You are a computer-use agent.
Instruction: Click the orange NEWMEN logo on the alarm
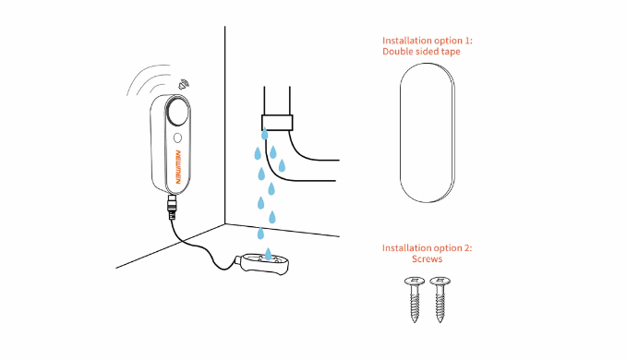pyautogui.click(x=178, y=167)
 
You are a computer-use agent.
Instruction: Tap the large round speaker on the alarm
pyautogui.click(x=177, y=111)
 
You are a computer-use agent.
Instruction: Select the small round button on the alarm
pyautogui.click(x=177, y=138)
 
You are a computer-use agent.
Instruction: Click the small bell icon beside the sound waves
pyautogui.click(x=184, y=84)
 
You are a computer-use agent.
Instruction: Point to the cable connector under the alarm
pyautogui.click(x=172, y=207)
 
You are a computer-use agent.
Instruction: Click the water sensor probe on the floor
pyautogui.click(x=263, y=263)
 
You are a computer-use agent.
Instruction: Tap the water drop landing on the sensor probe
pyautogui.click(x=268, y=254)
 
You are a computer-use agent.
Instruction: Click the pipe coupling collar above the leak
pyautogui.click(x=277, y=123)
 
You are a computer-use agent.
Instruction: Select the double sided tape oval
pyautogui.click(x=428, y=133)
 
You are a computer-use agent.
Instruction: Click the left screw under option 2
pyautogui.click(x=415, y=299)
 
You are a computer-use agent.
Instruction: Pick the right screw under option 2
pyautogui.click(x=440, y=299)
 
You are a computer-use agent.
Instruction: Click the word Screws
pyautogui.click(x=427, y=258)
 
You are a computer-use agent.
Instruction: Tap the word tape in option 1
pyautogui.click(x=451, y=52)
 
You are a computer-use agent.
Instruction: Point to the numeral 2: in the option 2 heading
pyautogui.click(x=468, y=247)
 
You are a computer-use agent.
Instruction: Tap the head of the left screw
pyautogui.click(x=415, y=281)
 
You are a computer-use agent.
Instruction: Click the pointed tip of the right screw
pyautogui.click(x=440, y=321)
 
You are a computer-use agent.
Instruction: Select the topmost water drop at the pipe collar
pyautogui.click(x=264, y=134)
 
